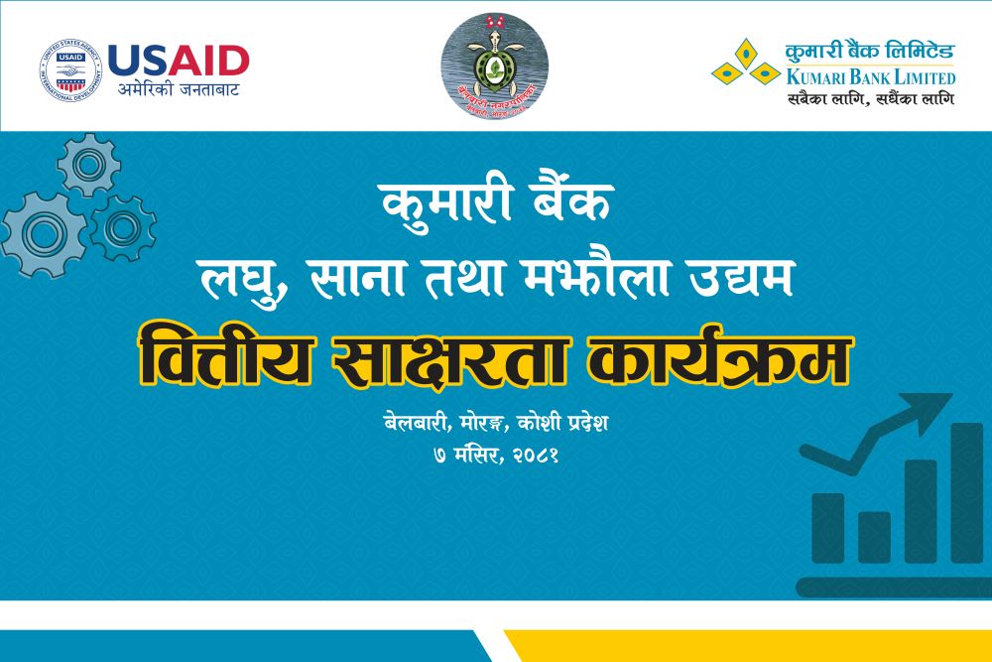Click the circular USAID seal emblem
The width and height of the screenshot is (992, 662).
coord(70,71)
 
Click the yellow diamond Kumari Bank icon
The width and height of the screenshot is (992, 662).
coord(745,63)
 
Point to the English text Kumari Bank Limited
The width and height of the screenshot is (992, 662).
coord(870,77)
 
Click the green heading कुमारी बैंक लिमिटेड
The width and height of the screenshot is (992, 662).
coord(869,52)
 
